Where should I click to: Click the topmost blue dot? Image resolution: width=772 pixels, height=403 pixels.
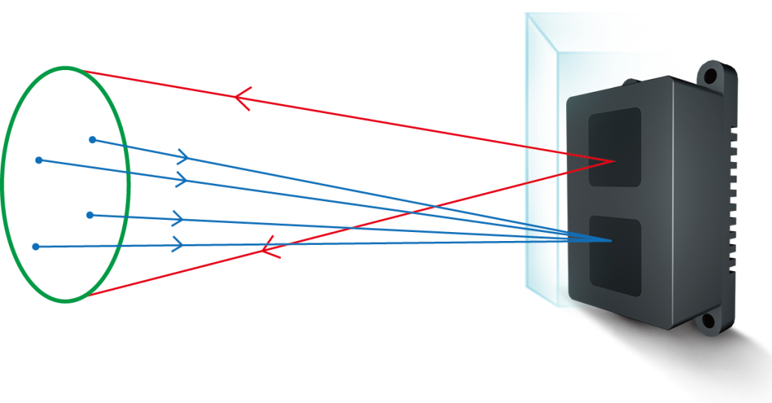[x=93, y=139]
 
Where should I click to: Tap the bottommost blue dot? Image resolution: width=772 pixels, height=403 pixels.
[x=35, y=246]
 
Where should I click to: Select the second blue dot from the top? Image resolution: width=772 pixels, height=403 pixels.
[x=38, y=160]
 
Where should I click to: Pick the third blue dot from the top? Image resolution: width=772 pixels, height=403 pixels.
[x=90, y=215]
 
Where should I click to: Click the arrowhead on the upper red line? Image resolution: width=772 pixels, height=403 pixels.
[x=242, y=98]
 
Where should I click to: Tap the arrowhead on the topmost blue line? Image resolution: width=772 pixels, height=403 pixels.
[x=183, y=157]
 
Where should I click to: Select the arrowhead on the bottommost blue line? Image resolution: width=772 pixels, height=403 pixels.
[x=179, y=244]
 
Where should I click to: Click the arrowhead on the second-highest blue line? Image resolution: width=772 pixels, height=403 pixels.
[x=181, y=179]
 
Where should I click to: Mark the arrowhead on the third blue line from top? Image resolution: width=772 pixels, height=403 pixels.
[x=178, y=218]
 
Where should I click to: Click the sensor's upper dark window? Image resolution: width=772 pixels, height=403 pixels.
[x=614, y=147]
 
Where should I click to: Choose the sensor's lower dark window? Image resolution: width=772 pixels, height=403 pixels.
[x=614, y=255]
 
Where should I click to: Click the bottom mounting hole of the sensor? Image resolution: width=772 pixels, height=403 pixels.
[x=707, y=322]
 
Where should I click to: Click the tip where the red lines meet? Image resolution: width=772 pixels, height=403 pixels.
[x=614, y=160]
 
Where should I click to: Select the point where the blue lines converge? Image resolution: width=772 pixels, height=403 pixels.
[x=611, y=241]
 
